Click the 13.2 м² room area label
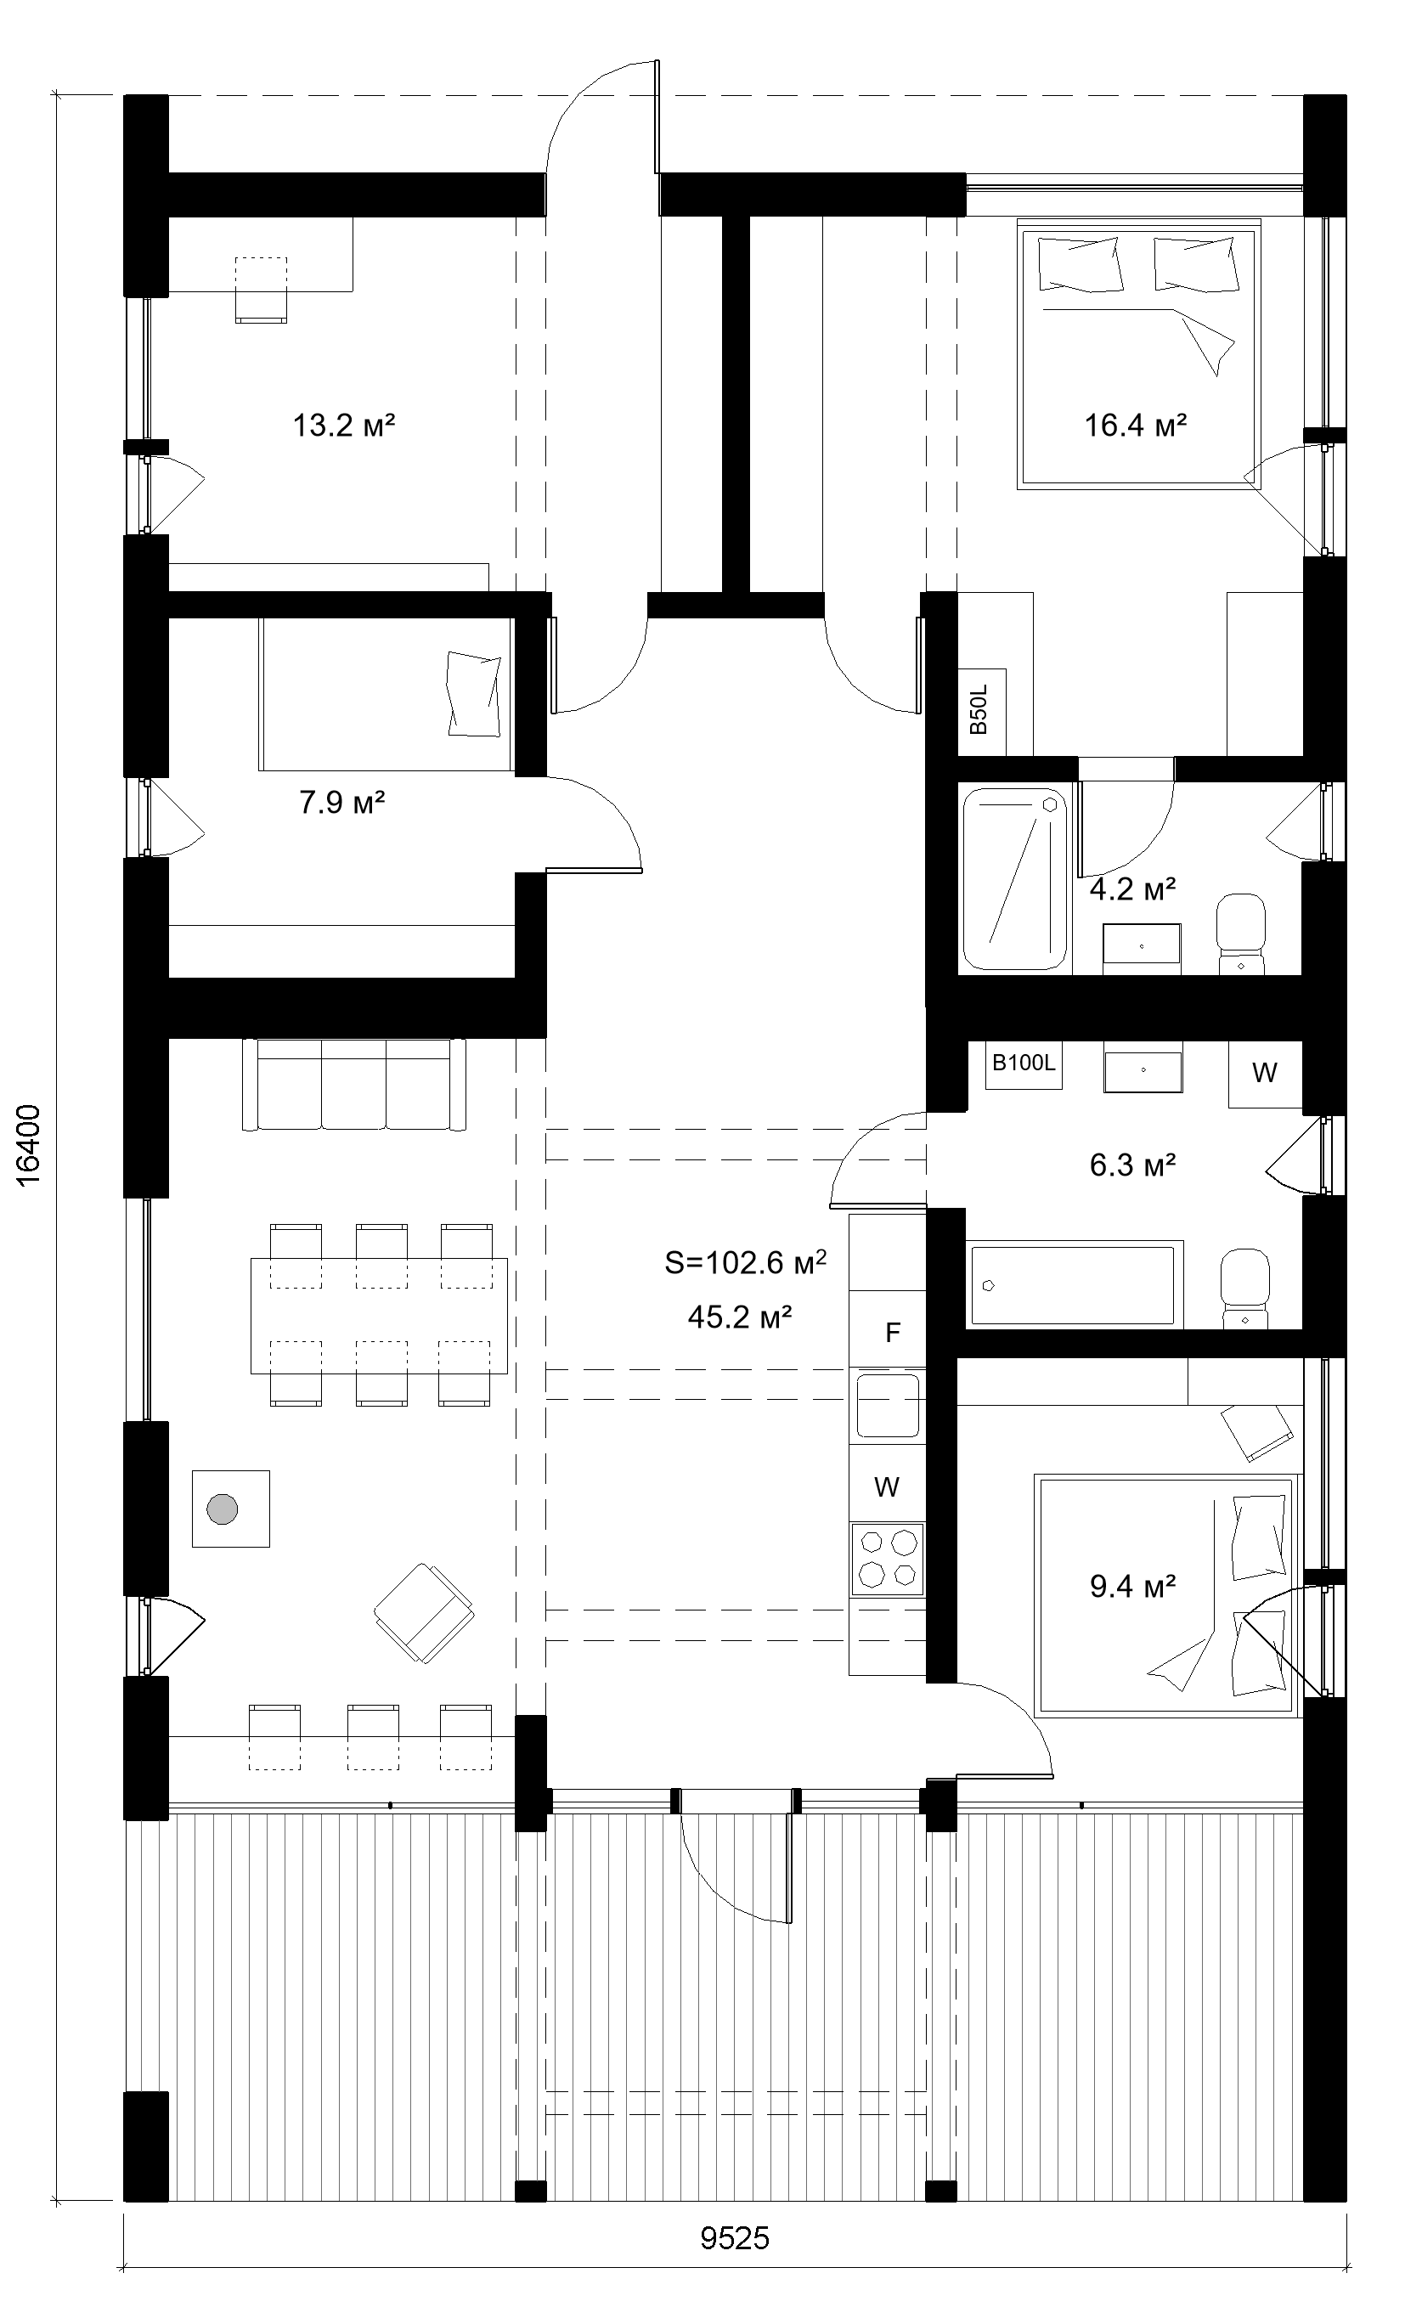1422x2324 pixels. click(343, 426)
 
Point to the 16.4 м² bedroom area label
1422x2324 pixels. click(1134, 426)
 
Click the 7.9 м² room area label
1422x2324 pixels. click(341, 804)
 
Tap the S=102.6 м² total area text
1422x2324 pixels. click(745, 1262)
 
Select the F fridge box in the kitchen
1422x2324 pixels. click(891, 1331)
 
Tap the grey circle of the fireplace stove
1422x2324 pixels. click(223, 1509)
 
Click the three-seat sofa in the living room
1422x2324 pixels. click(353, 1084)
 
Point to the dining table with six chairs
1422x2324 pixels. click(379, 1316)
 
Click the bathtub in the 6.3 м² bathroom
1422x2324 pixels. click(1075, 1285)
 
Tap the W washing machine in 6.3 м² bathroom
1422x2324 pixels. click(1265, 1073)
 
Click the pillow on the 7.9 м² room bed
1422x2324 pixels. click(473, 694)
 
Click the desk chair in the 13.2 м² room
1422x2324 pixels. click(260, 290)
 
